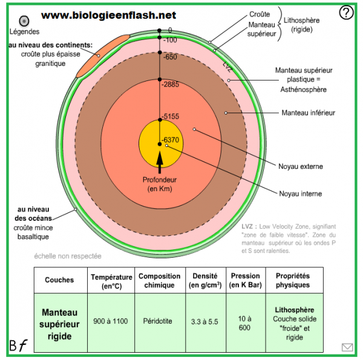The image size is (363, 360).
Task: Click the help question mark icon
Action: [346, 13]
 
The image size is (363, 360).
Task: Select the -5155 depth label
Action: [170, 117]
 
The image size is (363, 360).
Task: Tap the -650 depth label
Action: [169, 56]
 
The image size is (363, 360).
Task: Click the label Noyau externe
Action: [300, 166]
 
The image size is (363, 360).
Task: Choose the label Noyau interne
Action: [300, 194]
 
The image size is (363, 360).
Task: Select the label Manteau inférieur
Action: [308, 113]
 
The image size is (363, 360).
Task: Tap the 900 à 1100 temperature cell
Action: [111, 321]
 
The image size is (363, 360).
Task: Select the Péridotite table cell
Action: [159, 321]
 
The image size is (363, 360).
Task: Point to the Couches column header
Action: [59, 280]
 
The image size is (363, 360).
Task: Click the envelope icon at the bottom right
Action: [347, 347]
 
